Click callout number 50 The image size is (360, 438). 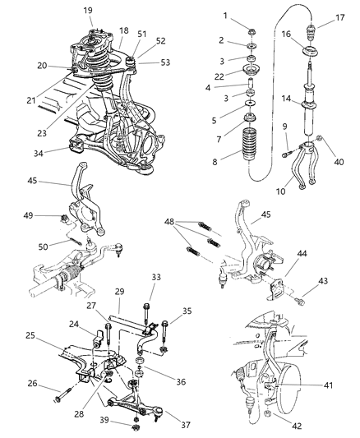(43, 244)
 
